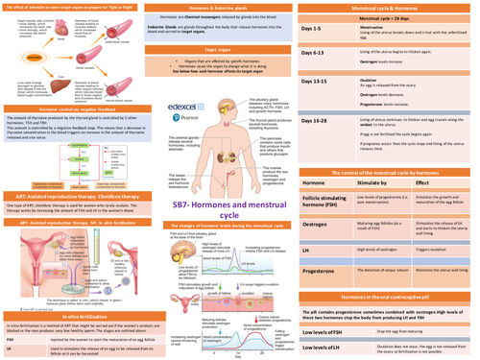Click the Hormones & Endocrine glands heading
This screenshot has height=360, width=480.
237,8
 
